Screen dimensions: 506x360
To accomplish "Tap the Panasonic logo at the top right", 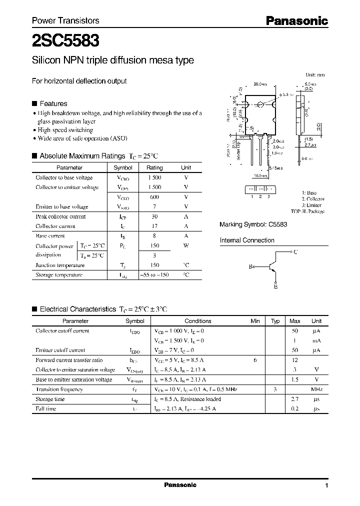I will tap(296, 20).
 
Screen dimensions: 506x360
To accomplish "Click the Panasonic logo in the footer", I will tap(180, 485).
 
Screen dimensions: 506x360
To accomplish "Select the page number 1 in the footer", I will tap(326, 486).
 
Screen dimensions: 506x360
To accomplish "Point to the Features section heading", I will tap(53, 103).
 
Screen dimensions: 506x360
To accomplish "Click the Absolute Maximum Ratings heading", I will tap(82, 156).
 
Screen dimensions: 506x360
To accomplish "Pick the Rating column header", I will tap(154, 168).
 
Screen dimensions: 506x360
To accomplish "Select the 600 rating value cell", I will tap(154, 197).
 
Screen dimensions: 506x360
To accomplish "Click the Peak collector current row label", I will tap(60, 216).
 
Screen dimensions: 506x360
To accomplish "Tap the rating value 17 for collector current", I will tap(154, 226).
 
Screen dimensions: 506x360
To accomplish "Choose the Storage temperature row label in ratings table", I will tap(59, 275).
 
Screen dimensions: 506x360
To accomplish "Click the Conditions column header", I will tap(198, 321).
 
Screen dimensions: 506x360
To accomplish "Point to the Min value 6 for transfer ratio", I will tap(255, 360).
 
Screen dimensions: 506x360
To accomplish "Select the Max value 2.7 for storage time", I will tap(295, 399).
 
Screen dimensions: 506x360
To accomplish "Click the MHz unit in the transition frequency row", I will tap(316, 389).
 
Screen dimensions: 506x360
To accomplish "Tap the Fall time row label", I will tap(46, 409).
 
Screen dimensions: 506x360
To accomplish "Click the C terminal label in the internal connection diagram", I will tap(295, 252).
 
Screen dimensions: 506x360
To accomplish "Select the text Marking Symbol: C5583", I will tap(253, 225).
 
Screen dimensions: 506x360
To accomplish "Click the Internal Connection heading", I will tap(247, 240).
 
